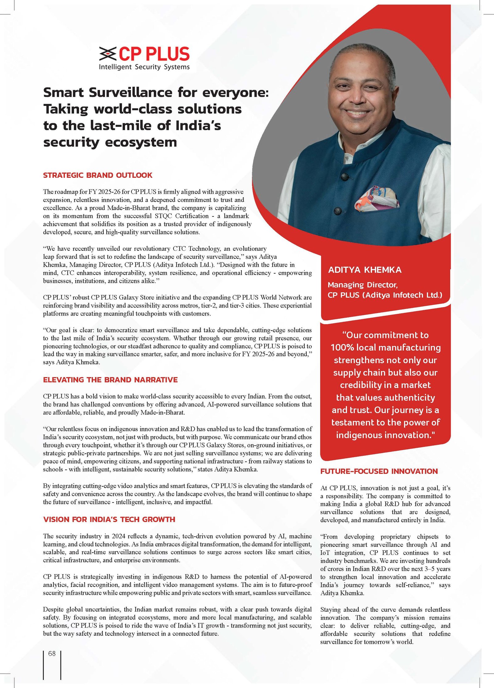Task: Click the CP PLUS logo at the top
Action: pyautogui.click(x=144, y=54)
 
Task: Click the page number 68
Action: pyautogui.click(x=52, y=653)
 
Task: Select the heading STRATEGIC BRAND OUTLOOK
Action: pyautogui.click(x=98, y=175)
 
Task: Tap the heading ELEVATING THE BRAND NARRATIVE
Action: pyautogui.click(x=110, y=380)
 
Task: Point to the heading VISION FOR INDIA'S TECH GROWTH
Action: pyautogui.click(x=109, y=519)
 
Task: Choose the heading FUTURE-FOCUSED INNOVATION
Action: pyautogui.click(x=379, y=471)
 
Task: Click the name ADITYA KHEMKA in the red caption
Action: pyautogui.click(x=365, y=270)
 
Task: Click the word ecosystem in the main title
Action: pyautogui.click(x=141, y=142)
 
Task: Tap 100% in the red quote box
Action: pyautogui.click(x=342, y=348)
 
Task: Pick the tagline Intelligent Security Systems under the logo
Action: pyautogui.click(x=144, y=67)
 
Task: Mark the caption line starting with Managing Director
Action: pyautogui.click(x=362, y=285)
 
